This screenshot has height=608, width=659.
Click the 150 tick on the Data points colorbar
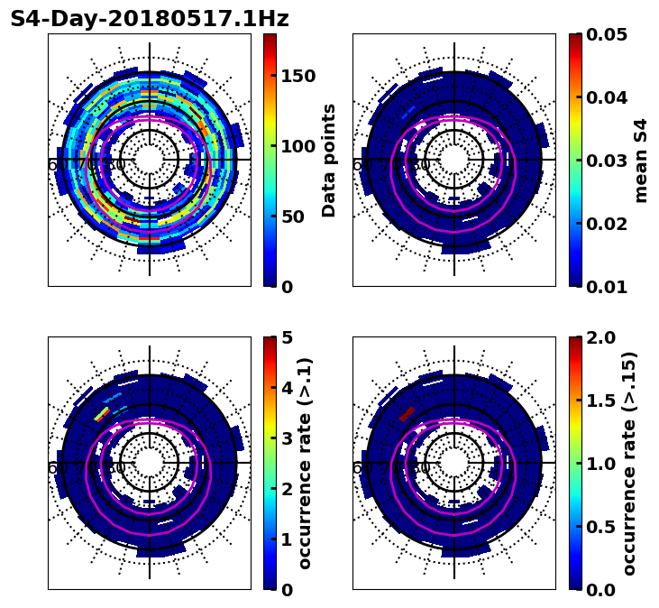(x=297, y=76)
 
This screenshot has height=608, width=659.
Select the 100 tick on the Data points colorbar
(x=297, y=146)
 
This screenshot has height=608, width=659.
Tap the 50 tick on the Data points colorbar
(x=292, y=216)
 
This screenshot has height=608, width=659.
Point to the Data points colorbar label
(x=329, y=161)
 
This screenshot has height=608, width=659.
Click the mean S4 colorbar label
(x=641, y=161)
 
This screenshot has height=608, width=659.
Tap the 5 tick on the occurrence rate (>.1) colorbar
(x=287, y=337)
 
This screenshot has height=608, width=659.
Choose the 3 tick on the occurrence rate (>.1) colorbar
(x=287, y=438)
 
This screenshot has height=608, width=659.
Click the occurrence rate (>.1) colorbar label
(x=305, y=464)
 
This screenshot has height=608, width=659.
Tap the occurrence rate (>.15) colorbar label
(x=629, y=464)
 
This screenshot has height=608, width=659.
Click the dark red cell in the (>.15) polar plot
(x=407, y=414)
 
